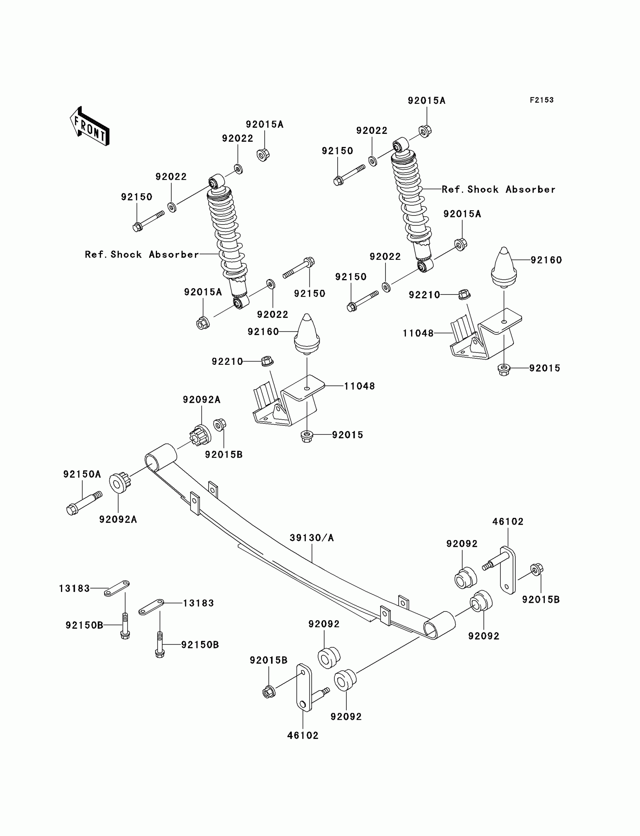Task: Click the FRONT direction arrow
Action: [x=90, y=126]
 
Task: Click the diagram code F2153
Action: [x=542, y=100]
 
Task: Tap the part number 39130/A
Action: [x=312, y=538]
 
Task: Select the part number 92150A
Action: [x=82, y=474]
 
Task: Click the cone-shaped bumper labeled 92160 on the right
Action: [x=504, y=267]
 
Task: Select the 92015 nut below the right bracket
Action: [x=504, y=369]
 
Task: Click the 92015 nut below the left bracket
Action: [x=307, y=436]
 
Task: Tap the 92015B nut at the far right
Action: [x=537, y=570]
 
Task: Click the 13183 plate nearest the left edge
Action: [x=117, y=588]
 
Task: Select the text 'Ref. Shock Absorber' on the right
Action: [x=498, y=190]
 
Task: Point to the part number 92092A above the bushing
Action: [x=201, y=399]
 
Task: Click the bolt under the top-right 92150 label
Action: [x=349, y=175]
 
